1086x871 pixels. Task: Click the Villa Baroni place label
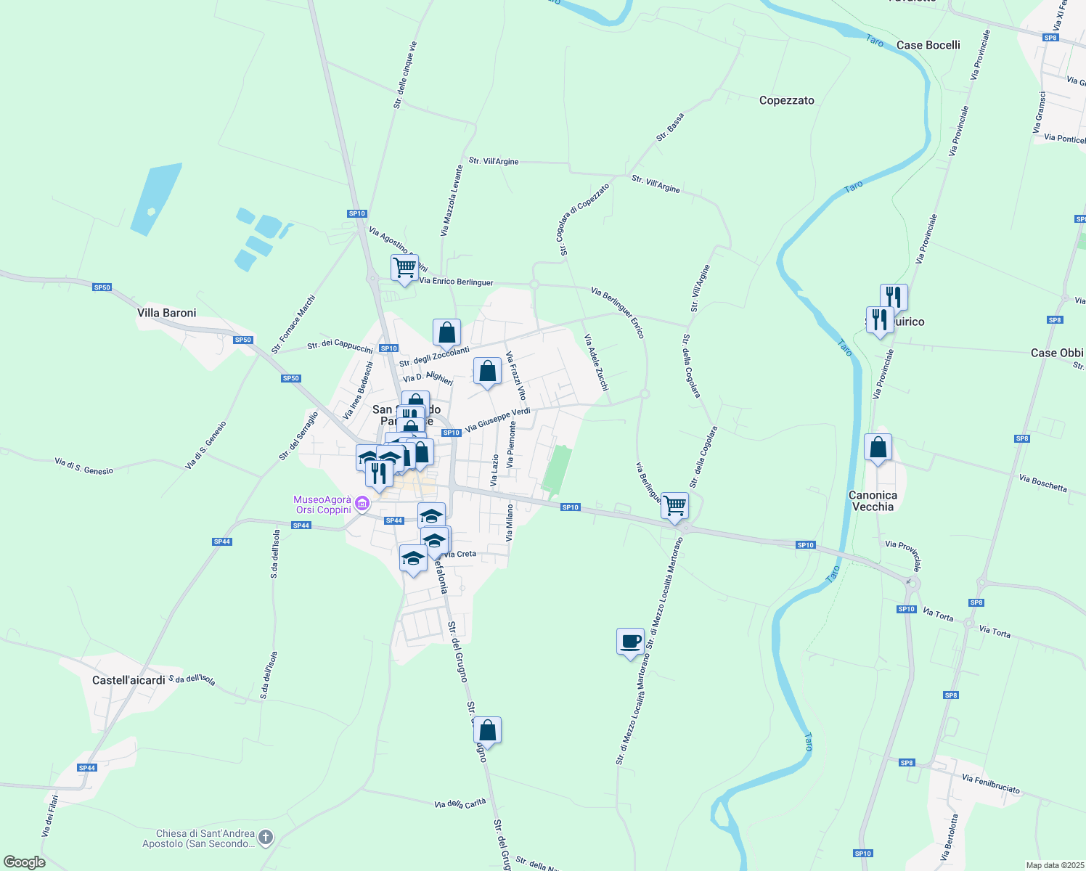coord(166,313)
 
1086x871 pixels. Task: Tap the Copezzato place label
coord(786,100)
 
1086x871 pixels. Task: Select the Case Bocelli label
coord(928,45)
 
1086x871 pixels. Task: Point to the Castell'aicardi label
coord(129,680)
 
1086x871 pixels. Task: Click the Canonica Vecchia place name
coord(873,501)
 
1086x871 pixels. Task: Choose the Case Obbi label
coord(1056,353)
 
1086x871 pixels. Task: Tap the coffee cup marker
coord(630,642)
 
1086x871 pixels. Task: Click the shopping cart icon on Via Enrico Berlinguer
coord(404,268)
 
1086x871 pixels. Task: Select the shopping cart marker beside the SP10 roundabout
coord(675,506)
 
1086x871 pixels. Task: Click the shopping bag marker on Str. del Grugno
coord(488,730)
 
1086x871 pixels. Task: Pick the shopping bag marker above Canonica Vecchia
coord(878,448)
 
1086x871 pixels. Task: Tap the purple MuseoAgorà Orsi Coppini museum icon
coord(362,503)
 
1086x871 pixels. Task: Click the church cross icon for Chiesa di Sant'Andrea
coord(266,838)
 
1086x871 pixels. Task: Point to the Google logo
coord(24,862)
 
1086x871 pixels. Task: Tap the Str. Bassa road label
coord(670,127)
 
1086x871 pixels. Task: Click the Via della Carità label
coord(460,803)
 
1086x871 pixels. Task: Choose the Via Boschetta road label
coord(1042,483)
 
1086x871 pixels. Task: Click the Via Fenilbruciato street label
coord(990,784)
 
